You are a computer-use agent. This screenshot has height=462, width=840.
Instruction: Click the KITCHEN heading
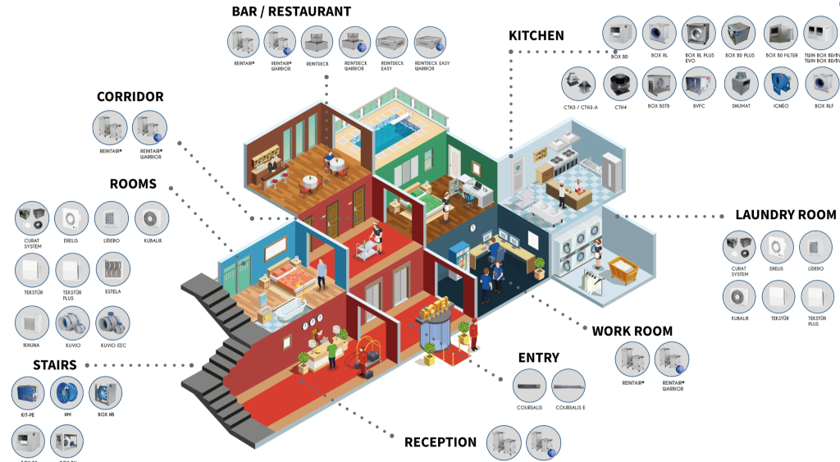coord(536,35)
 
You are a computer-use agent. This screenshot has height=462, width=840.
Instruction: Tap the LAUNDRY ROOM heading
coord(787,214)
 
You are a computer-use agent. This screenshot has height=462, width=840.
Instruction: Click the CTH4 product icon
coord(620,84)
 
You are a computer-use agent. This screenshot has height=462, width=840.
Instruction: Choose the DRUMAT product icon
coord(741,84)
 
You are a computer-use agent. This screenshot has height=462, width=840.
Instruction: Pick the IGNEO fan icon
coord(781,84)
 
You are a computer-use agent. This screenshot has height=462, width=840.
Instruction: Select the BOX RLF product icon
coord(823,84)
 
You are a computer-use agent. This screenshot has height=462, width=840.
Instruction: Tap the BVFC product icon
coord(700,84)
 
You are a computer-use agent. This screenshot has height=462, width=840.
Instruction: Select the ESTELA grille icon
coord(113,269)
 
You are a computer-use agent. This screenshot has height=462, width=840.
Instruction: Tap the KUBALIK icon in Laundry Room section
coord(740,298)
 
